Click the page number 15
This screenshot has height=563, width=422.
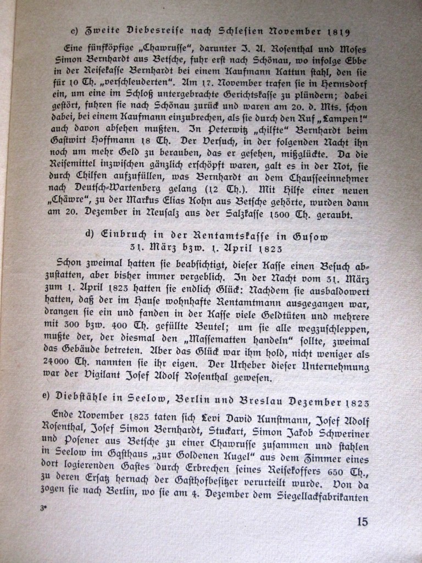coord(362,522)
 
